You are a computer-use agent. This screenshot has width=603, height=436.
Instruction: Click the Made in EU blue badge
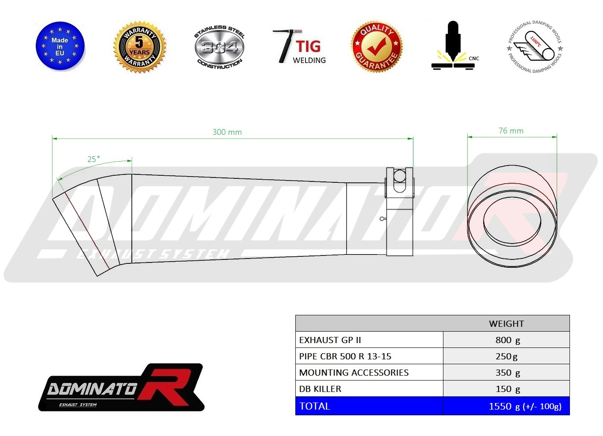(x=60, y=46)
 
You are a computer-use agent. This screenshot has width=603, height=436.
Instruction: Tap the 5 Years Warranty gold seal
(x=139, y=47)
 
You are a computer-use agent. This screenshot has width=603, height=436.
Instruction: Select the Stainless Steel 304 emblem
(x=219, y=47)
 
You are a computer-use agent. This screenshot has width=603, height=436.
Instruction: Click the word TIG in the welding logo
(x=308, y=46)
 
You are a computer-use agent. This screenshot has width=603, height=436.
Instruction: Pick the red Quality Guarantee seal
(x=376, y=46)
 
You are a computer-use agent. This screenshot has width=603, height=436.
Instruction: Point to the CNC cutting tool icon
(x=453, y=46)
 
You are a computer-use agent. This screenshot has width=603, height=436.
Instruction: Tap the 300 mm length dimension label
(x=227, y=132)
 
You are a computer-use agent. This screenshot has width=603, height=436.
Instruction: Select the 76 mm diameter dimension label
(x=511, y=131)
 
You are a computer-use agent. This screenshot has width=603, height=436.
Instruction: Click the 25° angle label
(x=93, y=159)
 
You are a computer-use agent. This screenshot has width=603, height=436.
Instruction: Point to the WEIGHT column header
(x=506, y=324)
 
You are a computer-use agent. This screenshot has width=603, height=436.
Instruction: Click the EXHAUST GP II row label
(x=330, y=340)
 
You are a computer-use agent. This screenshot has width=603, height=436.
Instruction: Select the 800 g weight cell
(x=507, y=340)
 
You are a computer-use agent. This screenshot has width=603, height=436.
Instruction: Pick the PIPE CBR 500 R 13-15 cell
(x=345, y=356)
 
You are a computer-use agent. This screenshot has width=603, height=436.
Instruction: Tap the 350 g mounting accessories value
(x=507, y=373)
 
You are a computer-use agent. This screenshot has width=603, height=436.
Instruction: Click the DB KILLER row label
(x=320, y=389)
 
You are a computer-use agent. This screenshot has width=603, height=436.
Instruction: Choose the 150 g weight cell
(x=507, y=389)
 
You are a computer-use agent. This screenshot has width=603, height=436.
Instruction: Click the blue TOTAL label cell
(x=315, y=406)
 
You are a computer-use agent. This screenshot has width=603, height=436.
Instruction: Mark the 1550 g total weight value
(x=525, y=406)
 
